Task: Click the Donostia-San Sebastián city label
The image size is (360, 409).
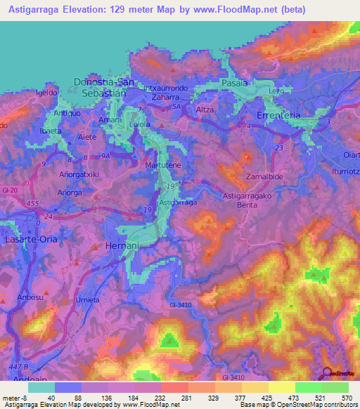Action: [x=103, y=88]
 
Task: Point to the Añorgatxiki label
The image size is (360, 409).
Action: [x=79, y=173]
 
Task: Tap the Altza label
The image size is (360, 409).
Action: [x=205, y=110]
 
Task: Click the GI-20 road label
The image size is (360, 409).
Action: [x=9, y=190]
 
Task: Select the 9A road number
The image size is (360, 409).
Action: [x=107, y=156]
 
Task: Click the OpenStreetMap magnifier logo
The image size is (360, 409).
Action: [x=328, y=374]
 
